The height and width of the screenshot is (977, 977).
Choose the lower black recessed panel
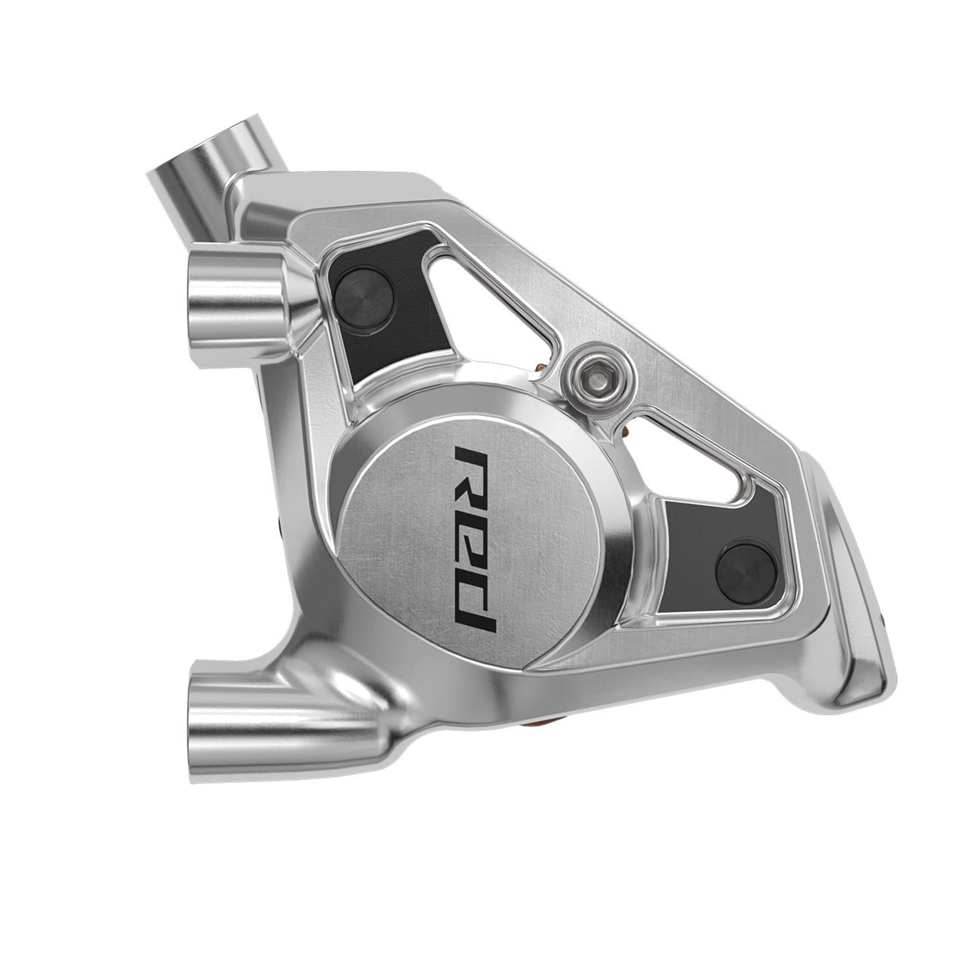[x=718, y=546]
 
